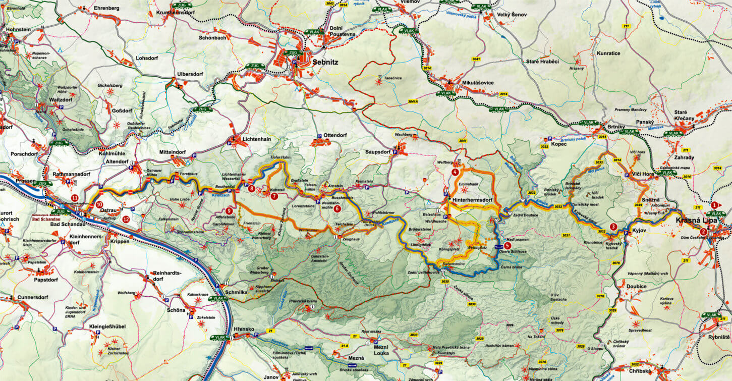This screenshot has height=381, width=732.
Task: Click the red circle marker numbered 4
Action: click(455, 172)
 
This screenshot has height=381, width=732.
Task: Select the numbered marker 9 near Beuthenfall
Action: click(229, 210)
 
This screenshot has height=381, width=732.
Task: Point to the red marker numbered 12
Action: click(126, 219)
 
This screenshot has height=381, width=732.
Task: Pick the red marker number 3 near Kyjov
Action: click(613, 227)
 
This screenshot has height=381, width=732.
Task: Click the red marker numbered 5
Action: click(507, 246)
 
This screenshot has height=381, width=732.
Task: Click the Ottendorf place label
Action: click(335, 135)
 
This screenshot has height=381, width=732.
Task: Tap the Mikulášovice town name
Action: click(477, 82)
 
